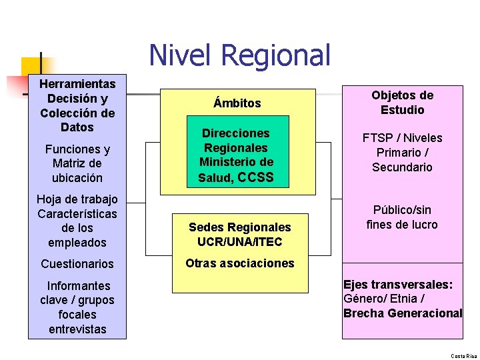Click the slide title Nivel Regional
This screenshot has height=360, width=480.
click(x=239, y=55)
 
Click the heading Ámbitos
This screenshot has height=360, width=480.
click(x=237, y=103)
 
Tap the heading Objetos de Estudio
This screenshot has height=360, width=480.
click(x=402, y=103)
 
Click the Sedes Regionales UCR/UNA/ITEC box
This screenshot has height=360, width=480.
click(x=240, y=235)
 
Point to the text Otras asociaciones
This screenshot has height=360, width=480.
click(x=239, y=263)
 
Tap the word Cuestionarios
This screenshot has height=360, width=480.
click(x=77, y=264)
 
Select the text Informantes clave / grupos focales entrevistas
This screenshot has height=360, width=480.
click(x=77, y=307)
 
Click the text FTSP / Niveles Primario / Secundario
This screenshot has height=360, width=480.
click(x=402, y=153)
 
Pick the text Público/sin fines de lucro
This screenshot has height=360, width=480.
click(x=402, y=217)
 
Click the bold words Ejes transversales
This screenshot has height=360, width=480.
click(x=398, y=285)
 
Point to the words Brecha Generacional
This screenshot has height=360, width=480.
click(x=403, y=313)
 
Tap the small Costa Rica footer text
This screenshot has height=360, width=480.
click(x=464, y=356)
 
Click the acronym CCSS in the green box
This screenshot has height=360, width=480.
click(x=255, y=177)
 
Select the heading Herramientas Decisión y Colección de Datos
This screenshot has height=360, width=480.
click(x=77, y=105)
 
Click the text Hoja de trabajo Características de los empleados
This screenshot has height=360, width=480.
click(x=77, y=221)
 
